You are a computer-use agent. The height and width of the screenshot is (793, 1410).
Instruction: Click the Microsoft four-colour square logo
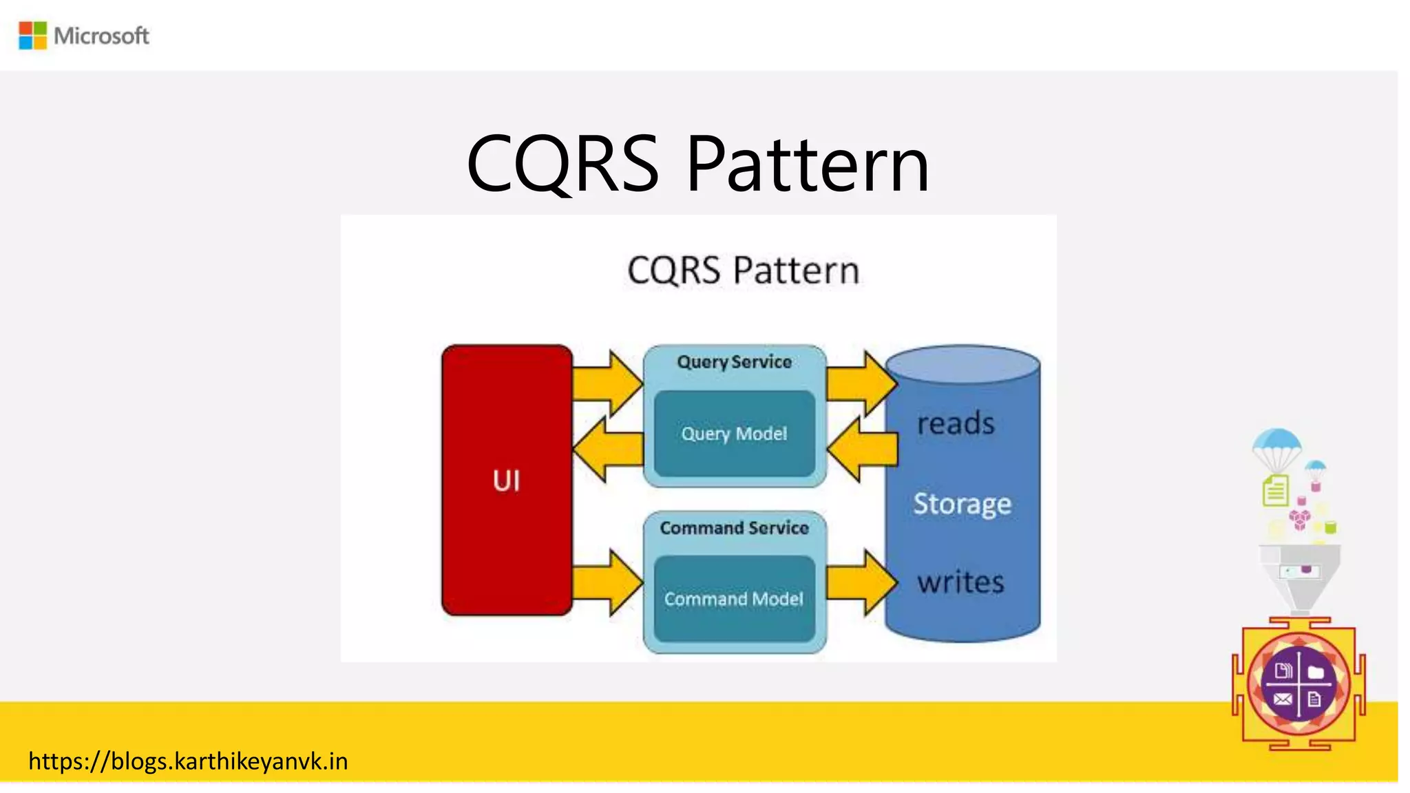pyautogui.click(x=32, y=35)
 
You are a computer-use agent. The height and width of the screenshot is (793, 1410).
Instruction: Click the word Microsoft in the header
pyautogui.click(x=101, y=36)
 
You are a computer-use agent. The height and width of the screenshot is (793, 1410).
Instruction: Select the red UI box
pyautogui.click(x=507, y=480)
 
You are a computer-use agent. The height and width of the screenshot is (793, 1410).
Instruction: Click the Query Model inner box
pyautogui.click(x=734, y=434)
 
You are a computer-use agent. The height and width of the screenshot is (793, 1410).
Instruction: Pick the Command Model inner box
pyautogui.click(x=734, y=599)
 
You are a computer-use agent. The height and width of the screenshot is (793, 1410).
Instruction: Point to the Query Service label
pyautogui.click(x=734, y=362)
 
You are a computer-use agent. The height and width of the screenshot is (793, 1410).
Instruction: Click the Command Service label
pyautogui.click(x=734, y=528)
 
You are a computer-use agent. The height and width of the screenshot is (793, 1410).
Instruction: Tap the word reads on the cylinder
pyautogui.click(x=956, y=423)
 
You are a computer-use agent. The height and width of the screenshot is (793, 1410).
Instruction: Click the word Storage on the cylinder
pyautogui.click(x=962, y=503)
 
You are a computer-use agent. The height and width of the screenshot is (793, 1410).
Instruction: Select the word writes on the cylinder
pyautogui.click(x=960, y=582)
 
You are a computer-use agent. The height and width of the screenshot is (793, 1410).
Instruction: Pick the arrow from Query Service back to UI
pyautogui.click(x=606, y=449)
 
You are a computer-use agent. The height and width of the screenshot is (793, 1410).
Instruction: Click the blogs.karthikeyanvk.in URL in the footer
pyautogui.click(x=188, y=761)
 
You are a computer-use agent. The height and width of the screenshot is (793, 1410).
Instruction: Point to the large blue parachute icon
pyautogui.click(x=1276, y=445)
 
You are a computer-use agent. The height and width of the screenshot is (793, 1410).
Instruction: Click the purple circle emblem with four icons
pyautogui.click(x=1298, y=684)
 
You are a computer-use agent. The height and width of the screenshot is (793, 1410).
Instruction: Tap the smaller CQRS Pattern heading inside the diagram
pyautogui.click(x=743, y=270)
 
